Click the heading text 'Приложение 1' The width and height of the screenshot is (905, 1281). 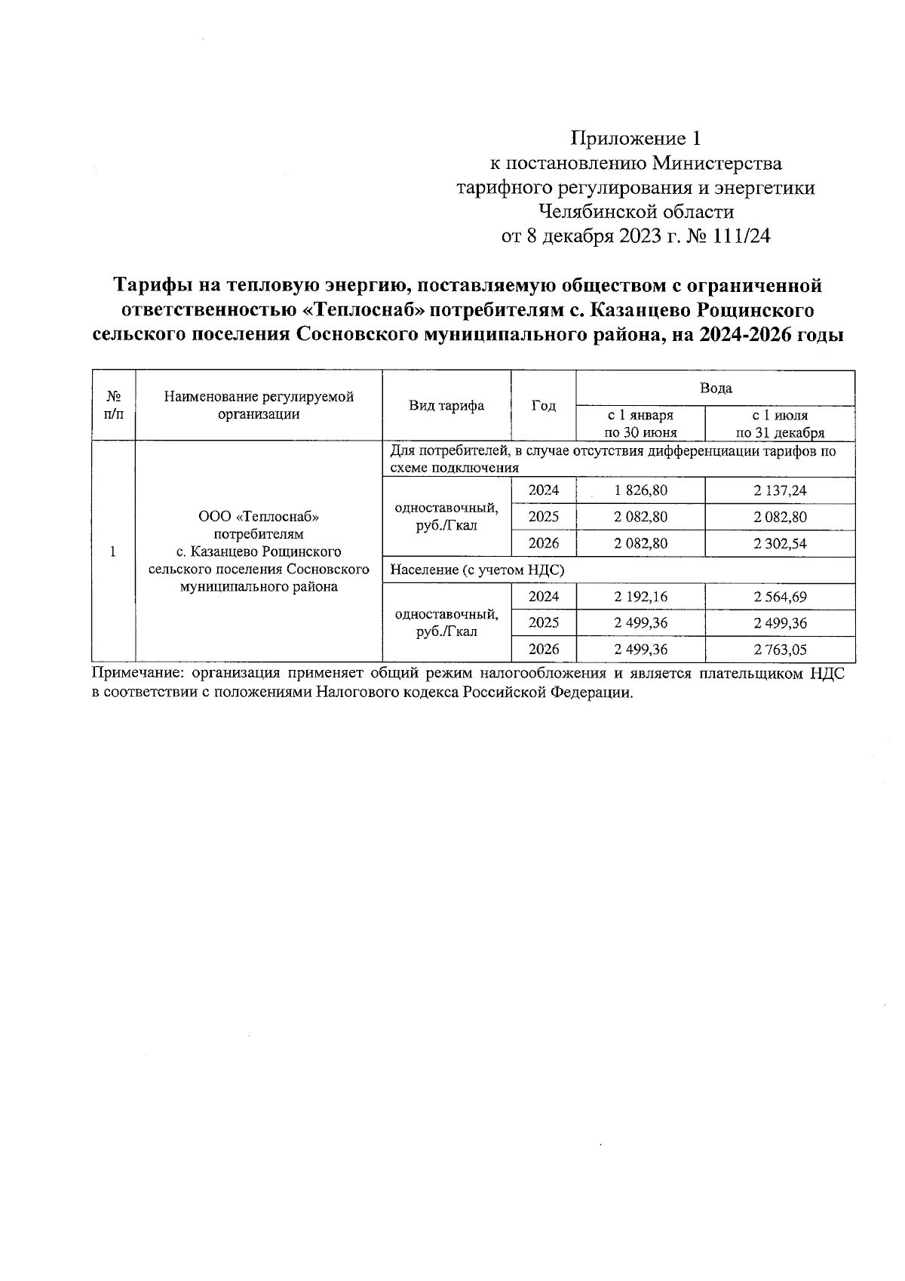637,139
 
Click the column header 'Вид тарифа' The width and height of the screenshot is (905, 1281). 446,406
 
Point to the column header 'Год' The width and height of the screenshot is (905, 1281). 543,406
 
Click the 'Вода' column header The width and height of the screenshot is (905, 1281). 715,389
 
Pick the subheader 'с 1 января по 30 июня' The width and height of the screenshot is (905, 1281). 640,424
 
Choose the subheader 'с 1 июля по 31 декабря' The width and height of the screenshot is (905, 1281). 780,424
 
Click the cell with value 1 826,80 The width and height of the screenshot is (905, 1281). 640,491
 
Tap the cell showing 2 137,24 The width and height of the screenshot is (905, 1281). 780,491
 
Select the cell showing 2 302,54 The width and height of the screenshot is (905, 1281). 780,544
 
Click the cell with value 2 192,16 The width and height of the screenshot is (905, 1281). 640,597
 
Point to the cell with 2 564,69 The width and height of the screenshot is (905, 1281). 780,597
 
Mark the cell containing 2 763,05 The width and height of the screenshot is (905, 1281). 780,650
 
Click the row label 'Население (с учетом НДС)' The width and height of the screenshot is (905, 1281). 477,570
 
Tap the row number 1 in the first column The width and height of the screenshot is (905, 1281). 112,551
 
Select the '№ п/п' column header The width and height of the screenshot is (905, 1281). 112,405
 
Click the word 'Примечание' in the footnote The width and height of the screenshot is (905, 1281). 137,674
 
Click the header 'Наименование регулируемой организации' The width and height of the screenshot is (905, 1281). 259,405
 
